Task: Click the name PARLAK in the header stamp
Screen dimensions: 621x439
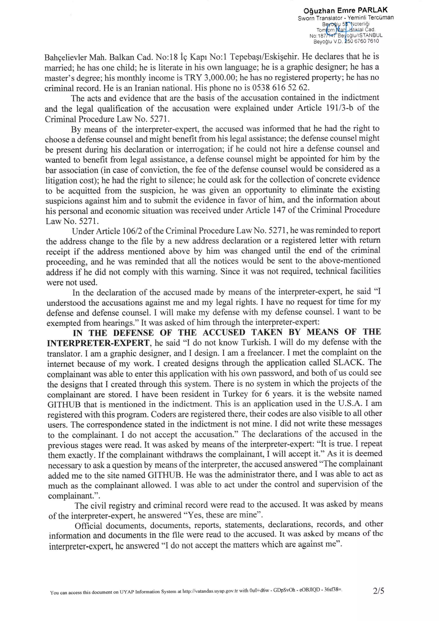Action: [x=373, y=10]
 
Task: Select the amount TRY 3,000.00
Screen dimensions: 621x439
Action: [x=210, y=78]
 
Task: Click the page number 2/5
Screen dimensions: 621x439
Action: [x=378, y=591]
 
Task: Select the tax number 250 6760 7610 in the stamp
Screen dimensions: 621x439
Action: [x=361, y=41]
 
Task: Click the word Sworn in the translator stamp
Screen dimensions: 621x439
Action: [x=306, y=18]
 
